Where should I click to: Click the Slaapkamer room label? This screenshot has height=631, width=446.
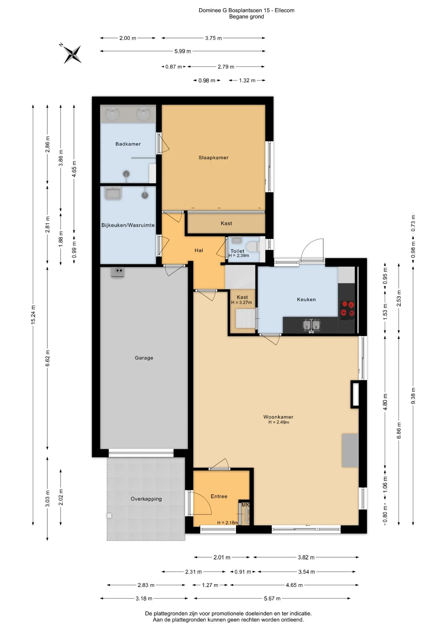coord(213,157)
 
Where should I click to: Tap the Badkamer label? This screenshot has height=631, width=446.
coord(128,144)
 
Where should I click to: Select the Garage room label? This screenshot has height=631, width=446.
coord(144,358)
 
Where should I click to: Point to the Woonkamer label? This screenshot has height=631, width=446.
coord(278,417)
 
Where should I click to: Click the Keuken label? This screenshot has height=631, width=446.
coord(306,299)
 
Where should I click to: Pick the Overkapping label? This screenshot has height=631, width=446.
coord(146,499)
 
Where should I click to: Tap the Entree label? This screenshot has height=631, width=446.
coord(219,496)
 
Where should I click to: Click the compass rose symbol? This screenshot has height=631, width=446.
coord(72,54)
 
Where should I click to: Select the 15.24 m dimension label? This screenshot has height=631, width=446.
coord(33,315)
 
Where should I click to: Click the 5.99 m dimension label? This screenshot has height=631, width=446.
coord(182,51)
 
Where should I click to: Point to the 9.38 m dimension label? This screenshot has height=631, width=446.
coord(413,396)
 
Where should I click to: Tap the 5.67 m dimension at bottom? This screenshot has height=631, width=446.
coord(272,598)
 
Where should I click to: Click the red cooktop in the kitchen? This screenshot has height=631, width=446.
coord(347,310)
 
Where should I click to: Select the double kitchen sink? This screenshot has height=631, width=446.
coord(311,325)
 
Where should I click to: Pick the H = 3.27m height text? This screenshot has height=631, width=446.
coord(242,302)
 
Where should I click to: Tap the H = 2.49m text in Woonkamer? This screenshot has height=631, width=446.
coord(279,422)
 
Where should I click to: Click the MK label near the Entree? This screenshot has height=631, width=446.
coord(245,505)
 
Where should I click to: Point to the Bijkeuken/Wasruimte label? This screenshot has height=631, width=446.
coord(128,225)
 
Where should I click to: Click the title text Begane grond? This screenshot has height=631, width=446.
coord(247,17)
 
